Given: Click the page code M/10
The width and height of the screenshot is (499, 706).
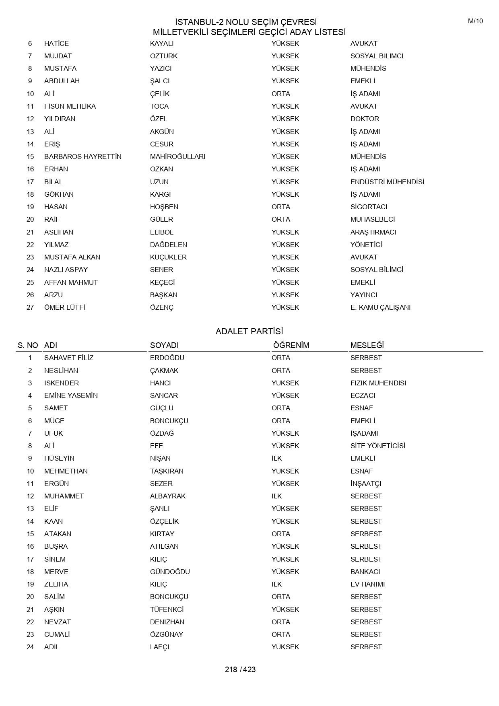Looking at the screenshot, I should click(475, 21).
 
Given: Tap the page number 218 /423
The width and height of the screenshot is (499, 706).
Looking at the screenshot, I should click(240, 669).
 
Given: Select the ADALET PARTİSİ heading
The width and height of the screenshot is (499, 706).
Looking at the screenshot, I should click(249, 331).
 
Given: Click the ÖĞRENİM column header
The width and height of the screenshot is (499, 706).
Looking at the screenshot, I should click(291, 345).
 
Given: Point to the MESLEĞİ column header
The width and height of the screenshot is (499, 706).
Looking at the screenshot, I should click(367, 345).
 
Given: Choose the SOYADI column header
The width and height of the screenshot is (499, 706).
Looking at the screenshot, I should click(164, 345).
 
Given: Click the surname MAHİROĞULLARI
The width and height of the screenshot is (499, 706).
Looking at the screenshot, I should click(177, 156).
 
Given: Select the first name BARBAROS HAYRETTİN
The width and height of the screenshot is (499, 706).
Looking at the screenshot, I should click(82, 156).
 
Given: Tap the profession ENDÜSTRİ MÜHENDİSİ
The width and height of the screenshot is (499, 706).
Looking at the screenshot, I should click(387, 182).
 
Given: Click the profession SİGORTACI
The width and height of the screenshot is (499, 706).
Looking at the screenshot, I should click(369, 207).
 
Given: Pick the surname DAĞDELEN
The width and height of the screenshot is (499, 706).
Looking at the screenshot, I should click(168, 245).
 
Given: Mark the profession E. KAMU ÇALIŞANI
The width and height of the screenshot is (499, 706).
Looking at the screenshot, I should click(380, 307).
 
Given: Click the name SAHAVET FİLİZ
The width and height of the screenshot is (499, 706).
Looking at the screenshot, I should click(68, 358).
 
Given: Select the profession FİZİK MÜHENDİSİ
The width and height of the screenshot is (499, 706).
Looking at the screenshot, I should click(378, 383).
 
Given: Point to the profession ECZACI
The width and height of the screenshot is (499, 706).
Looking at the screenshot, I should click(363, 395).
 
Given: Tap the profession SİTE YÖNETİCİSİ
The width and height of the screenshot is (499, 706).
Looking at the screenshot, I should click(377, 446).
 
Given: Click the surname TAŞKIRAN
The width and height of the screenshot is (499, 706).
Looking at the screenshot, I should click(167, 471).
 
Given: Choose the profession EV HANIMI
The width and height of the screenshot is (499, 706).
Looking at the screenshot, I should click(367, 584).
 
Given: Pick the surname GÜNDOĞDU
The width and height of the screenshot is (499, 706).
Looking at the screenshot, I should click(170, 572).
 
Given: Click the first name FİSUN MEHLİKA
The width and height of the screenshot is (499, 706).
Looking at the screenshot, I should click(70, 106).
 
